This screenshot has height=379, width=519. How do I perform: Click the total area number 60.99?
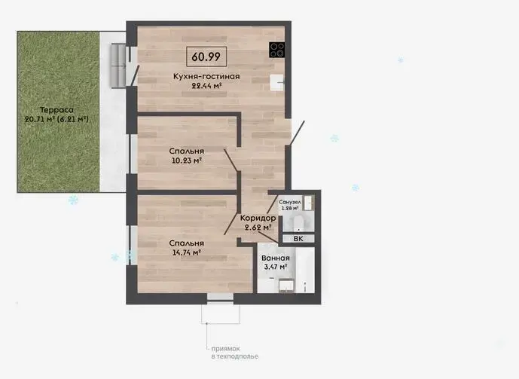tap(206, 57)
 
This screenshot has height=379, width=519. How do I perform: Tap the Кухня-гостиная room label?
tap(206, 76)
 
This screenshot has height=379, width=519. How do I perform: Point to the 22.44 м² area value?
tap(206, 86)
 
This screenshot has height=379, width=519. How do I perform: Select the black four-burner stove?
tap(276, 50)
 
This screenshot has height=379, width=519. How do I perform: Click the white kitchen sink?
tap(277, 82)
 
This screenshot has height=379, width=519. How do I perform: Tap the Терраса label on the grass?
tap(56, 110)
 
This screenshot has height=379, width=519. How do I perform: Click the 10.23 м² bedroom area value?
tap(187, 160)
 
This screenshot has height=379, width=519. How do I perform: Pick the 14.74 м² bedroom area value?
tap(187, 252)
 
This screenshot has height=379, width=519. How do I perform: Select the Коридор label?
tap(258, 218)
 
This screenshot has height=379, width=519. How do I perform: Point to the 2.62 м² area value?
tap(258, 228)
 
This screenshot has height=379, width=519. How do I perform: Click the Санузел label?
tap(290, 202)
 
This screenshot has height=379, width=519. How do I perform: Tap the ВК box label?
tap(298, 239)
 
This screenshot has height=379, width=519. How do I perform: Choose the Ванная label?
tap(276, 258)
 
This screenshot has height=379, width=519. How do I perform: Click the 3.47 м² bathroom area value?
tap(276, 267)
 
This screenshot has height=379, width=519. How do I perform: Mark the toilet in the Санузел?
tap(298, 224)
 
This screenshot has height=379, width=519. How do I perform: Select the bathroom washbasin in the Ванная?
tap(287, 286)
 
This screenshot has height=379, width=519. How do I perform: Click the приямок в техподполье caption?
tap(235, 353)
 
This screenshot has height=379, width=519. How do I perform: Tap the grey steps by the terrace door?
tap(118, 66)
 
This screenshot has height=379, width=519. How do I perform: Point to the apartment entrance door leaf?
tap(297, 133)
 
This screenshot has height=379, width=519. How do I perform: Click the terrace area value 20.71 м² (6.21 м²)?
tap(56, 119)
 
